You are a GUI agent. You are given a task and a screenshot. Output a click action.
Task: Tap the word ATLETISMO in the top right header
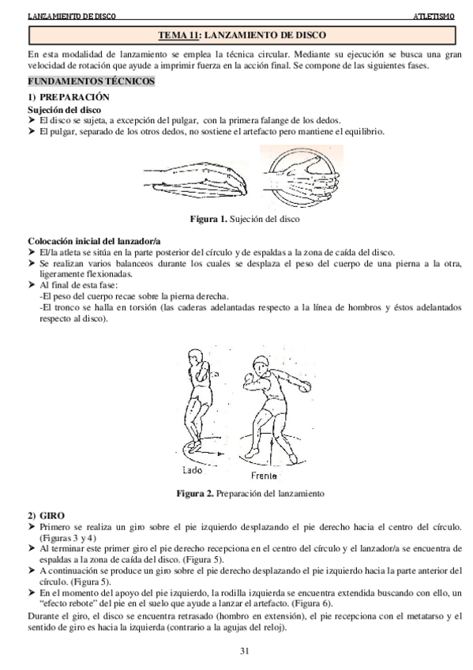coord(434,15)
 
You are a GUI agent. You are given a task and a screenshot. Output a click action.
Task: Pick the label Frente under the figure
coord(263,476)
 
